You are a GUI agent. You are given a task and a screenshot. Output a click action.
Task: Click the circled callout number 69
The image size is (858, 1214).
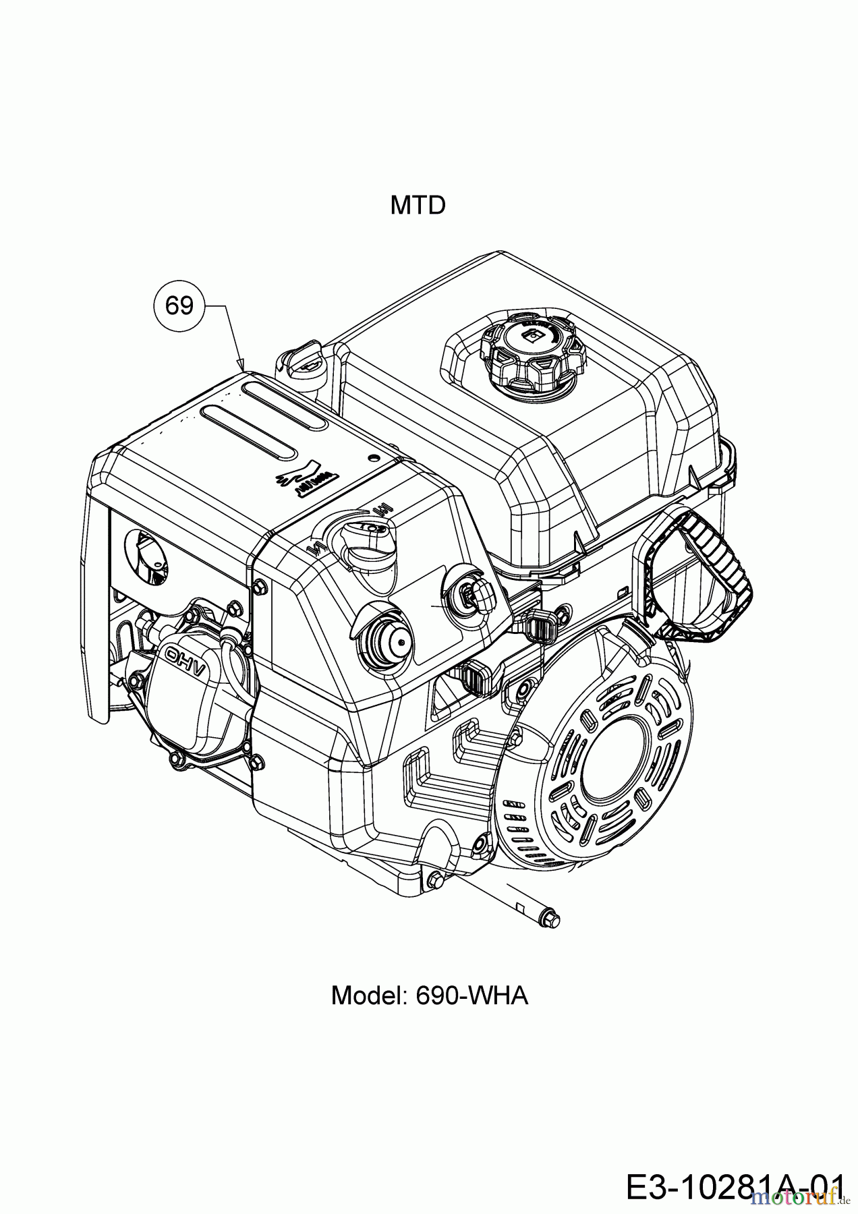coord(179,306)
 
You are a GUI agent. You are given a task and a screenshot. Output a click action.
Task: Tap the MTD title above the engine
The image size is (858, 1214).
coord(418,205)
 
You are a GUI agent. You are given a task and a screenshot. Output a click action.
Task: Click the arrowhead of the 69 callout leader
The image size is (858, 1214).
coord(241,365)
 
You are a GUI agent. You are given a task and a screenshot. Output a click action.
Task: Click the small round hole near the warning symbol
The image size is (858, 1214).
coord(374,457)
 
